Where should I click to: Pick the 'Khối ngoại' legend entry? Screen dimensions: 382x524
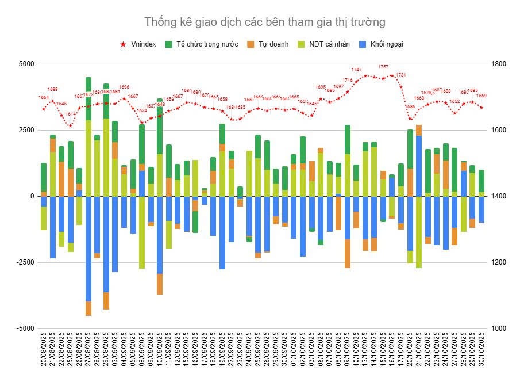383,44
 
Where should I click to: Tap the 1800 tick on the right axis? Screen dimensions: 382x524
497,64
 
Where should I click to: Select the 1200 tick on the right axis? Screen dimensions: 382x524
497,262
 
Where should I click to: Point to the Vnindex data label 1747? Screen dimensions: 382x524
356,70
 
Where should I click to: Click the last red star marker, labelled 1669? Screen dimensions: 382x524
481,108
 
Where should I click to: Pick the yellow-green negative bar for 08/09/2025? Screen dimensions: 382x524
142,232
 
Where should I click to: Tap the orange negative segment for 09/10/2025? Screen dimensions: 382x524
348,254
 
